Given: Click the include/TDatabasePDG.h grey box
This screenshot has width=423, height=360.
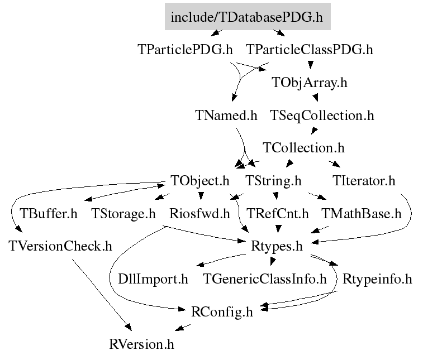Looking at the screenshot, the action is tap(248, 16).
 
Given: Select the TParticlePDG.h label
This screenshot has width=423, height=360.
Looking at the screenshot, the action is tap(185, 49).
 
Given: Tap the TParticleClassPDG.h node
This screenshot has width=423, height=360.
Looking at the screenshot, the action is tap(310, 49).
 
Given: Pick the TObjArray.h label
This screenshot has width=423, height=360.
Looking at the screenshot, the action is tap(310, 83).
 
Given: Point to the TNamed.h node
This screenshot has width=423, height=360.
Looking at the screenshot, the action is tap(226, 116).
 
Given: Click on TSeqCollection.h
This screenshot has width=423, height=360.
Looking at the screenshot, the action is tap(322, 116).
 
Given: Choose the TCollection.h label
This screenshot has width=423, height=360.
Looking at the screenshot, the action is tap(303, 148).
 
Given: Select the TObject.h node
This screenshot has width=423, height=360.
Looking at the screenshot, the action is tap(200, 181).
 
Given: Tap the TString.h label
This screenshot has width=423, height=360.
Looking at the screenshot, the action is tap(273, 181).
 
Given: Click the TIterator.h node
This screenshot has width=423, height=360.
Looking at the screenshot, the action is tap(364, 180).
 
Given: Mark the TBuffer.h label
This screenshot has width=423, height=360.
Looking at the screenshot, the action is tap(49, 214).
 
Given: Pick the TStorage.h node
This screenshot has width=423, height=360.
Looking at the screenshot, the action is tap(123, 214).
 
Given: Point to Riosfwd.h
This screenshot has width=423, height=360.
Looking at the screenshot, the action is tap(199, 214).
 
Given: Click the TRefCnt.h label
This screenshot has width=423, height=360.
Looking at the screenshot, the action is tap(278, 214).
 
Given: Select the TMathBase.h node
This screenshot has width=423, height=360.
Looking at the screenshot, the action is tap(362, 214).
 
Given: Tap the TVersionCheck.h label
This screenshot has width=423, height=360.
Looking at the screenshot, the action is tap(60, 246).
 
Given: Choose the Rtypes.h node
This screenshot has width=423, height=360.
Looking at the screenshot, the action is tap(277, 247).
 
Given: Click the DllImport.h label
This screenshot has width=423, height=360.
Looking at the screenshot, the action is tap(153, 279).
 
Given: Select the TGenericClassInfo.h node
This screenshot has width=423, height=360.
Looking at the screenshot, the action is tap(265, 279).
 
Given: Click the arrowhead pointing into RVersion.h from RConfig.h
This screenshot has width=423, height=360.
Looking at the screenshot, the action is tap(179, 328).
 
